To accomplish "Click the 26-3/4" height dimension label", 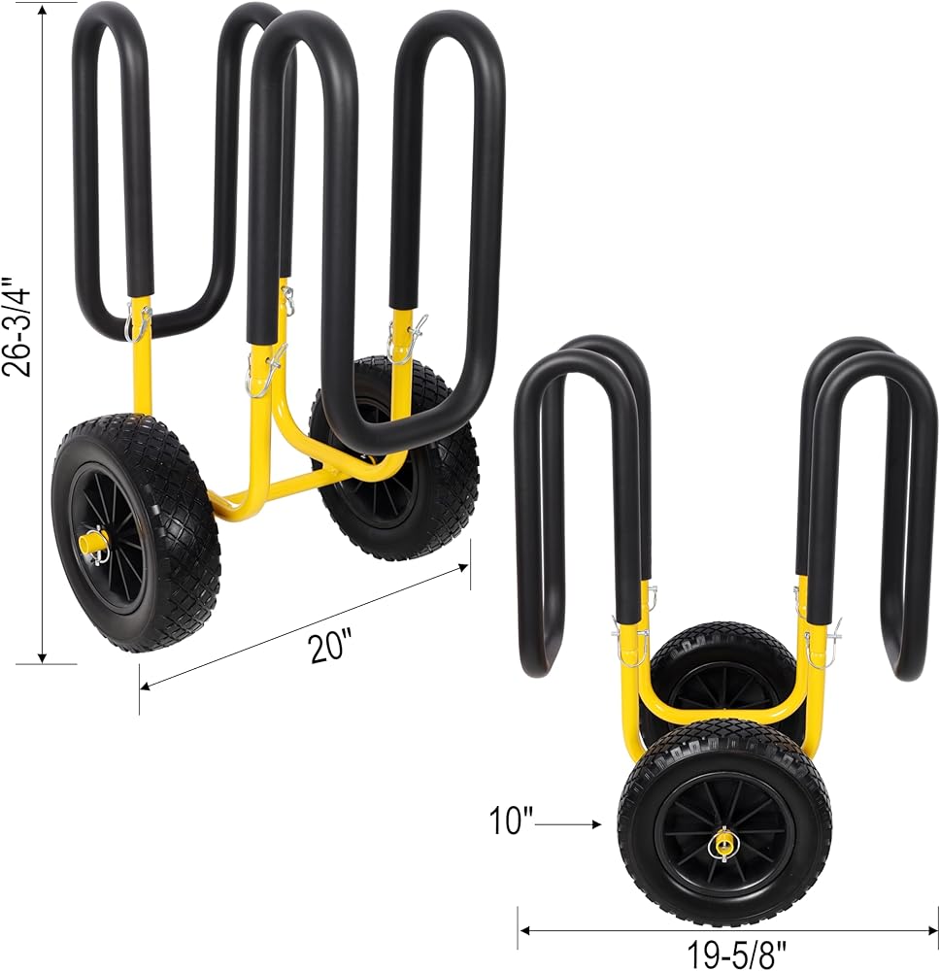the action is pyautogui.click(x=17, y=325).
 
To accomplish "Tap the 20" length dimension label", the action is pyautogui.click(x=331, y=646).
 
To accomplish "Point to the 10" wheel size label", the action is pyautogui.click(x=511, y=821).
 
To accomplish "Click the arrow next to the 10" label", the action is pyautogui.click(x=568, y=824).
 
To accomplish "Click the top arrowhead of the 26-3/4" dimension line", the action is pyautogui.click(x=43, y=10).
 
